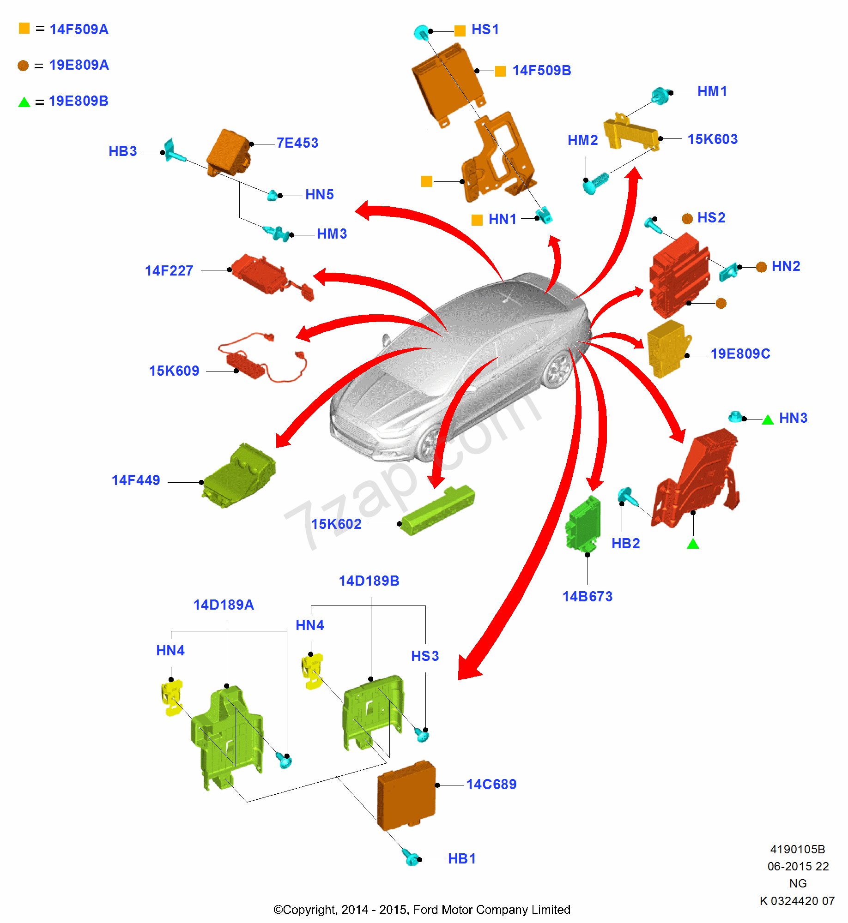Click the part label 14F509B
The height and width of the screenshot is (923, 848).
tap(541, 70)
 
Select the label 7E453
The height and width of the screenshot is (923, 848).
tap(297, 143)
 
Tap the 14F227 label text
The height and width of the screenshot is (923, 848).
tap(169, 270)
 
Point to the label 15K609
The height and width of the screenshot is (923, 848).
tap(174, 371)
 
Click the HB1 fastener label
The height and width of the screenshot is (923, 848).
tap(461, 859)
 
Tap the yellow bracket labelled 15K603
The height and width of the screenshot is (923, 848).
tap(630, 133)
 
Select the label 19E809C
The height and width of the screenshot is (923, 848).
tap(740, 354)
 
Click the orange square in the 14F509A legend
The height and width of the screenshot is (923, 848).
tap(24, 29)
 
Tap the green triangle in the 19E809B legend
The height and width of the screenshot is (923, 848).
tap(24, 102)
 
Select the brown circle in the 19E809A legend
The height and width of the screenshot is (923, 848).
tap(23, 66)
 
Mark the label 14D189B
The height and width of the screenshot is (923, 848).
tap(369, 581)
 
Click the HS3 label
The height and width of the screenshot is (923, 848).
tap(424, 656)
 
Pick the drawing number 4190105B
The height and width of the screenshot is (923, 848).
tap(798, 849)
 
